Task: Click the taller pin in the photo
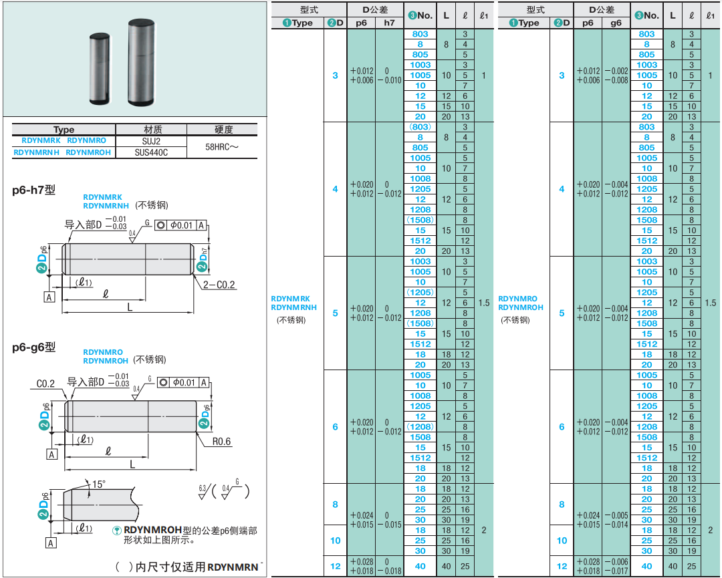(141, 61)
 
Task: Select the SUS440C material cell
(151, 152)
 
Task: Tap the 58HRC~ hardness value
(222, 147)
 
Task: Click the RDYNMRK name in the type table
(41, 140)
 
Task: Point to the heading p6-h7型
(33, 190)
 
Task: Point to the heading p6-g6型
(33, 347)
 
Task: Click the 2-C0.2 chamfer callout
(219, 285)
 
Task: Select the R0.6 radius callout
(221, 441)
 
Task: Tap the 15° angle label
(98, 484)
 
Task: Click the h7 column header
(389, 23)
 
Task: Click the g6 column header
(616, 23)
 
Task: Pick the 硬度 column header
(224, 130)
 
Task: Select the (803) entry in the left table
(420, 127)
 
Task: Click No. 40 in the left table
(420, 566)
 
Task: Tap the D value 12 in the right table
(562, 566)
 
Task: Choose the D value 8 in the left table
(335, 504)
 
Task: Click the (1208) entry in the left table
(420, 427)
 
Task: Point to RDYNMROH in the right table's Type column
(521, 307)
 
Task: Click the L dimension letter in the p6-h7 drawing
(130, 307)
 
